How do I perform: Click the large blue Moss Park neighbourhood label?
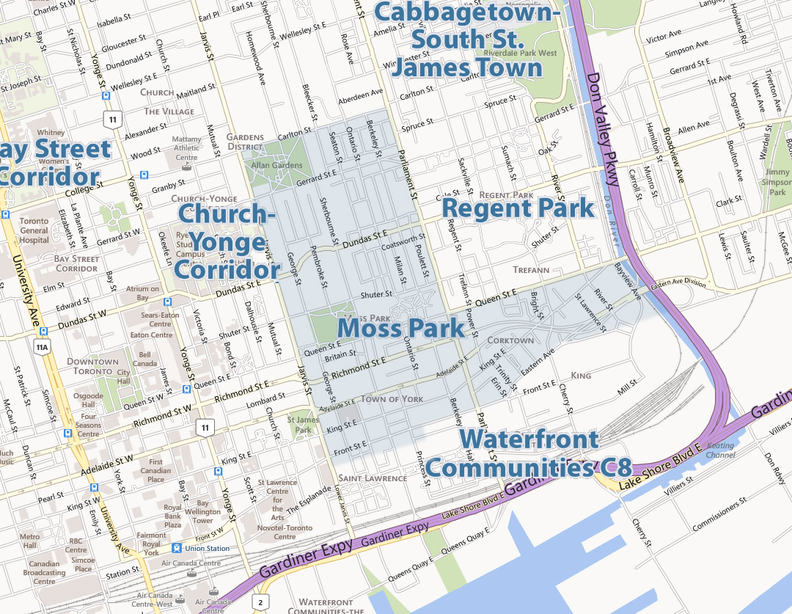403,329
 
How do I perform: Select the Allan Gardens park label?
276,165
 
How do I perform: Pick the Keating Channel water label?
720,450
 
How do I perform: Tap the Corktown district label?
510,340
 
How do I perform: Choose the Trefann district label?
531,270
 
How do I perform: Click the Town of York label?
392,398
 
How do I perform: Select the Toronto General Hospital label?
34,230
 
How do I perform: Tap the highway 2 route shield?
260,602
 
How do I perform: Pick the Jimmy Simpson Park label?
777,182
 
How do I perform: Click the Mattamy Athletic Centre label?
186,148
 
